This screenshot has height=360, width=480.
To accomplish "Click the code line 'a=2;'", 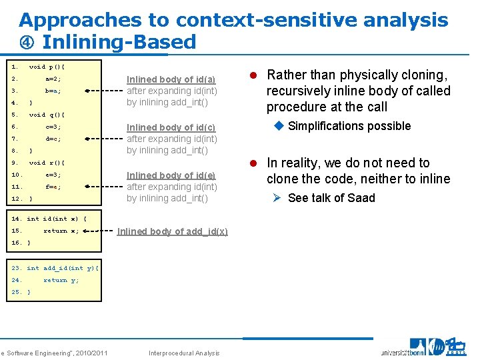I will point(53,79).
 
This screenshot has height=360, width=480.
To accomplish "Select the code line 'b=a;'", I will point(53,91).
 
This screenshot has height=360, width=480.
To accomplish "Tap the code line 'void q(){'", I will point(47,115).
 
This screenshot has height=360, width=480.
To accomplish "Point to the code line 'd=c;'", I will point(53,139).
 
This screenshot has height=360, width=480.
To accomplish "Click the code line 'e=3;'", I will point(53,175).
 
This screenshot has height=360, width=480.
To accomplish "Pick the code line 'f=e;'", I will point(53,187).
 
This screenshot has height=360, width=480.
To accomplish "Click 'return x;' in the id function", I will point(61,231).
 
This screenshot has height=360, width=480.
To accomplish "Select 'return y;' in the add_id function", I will point(61,280).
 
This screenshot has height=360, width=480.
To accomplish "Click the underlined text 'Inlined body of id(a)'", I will point(171,79).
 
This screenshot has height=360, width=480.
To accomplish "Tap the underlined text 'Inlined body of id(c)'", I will point(171,127).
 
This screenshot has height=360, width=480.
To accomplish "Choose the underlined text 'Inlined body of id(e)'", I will point(171,175).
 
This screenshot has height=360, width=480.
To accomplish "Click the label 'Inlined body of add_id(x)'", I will point(172,231).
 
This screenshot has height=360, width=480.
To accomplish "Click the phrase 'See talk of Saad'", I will point(331,198).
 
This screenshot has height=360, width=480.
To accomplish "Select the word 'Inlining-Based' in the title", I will point(119,42).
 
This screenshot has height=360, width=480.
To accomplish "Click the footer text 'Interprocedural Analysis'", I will point(184,353).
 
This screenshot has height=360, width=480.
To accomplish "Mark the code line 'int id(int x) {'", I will point(57,219).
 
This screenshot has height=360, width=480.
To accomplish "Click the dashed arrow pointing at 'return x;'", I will point(93,231).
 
